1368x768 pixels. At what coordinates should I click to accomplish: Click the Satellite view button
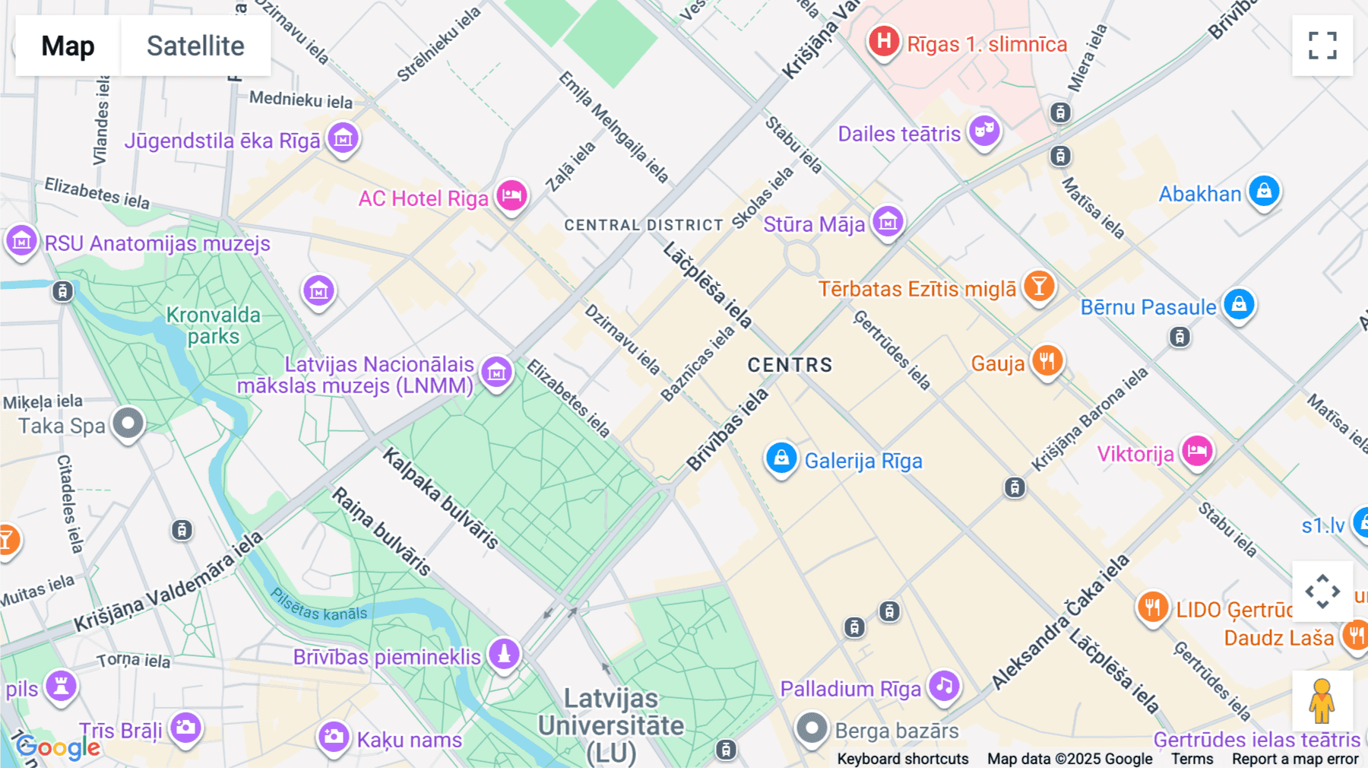pyautogui.click(x=195, y=46)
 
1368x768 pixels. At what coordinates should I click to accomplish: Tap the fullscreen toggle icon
pyautogui.click(x=1322, y=46)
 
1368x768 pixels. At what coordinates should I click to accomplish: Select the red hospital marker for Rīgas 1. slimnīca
pyautogui.click(x=884, y=41)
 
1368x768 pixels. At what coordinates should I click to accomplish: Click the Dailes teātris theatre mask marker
pyautogui.click(x=984, y=131)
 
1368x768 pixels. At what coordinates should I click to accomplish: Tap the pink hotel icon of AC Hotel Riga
pyautogui.click(x=511, y=195)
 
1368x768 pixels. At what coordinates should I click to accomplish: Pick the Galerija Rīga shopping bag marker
pyautogui.click(x=781, y=458)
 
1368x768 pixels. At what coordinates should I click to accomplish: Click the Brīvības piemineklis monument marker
pyautogui.click(x=503, y=653)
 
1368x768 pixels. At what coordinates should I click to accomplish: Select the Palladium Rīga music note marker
pyautogui.click(x=944, y=686)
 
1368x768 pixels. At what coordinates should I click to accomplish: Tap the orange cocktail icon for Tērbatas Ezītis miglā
pyautogui.click(x=1038, y=287)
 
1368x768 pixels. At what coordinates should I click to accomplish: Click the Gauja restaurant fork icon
pyautogui.click(x=1047, y=360)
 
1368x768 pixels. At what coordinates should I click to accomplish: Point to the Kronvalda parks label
pyautogui.click(x=213, y=325)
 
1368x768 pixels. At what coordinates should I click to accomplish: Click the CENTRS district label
pyautogui.click(x=790, y=365)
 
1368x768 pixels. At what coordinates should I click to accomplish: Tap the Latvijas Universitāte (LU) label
pyautogui.click(x=611, y=725)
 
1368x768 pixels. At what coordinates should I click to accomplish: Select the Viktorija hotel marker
pyautogui.click(x=1197, y=451)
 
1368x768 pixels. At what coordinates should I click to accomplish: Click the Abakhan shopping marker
pyautogui.click(x=1264, y=191)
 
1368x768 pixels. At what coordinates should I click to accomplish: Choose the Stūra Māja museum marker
pyautogui.click(x=888, y=222)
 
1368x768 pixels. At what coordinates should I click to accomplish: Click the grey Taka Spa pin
pyautogui.click(x=128, y=423)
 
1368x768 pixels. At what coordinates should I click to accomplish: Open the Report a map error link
pyautogui.click(x=1295, y=759)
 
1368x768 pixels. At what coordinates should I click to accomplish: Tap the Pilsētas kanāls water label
pyautogui.click(x=319, y=605)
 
